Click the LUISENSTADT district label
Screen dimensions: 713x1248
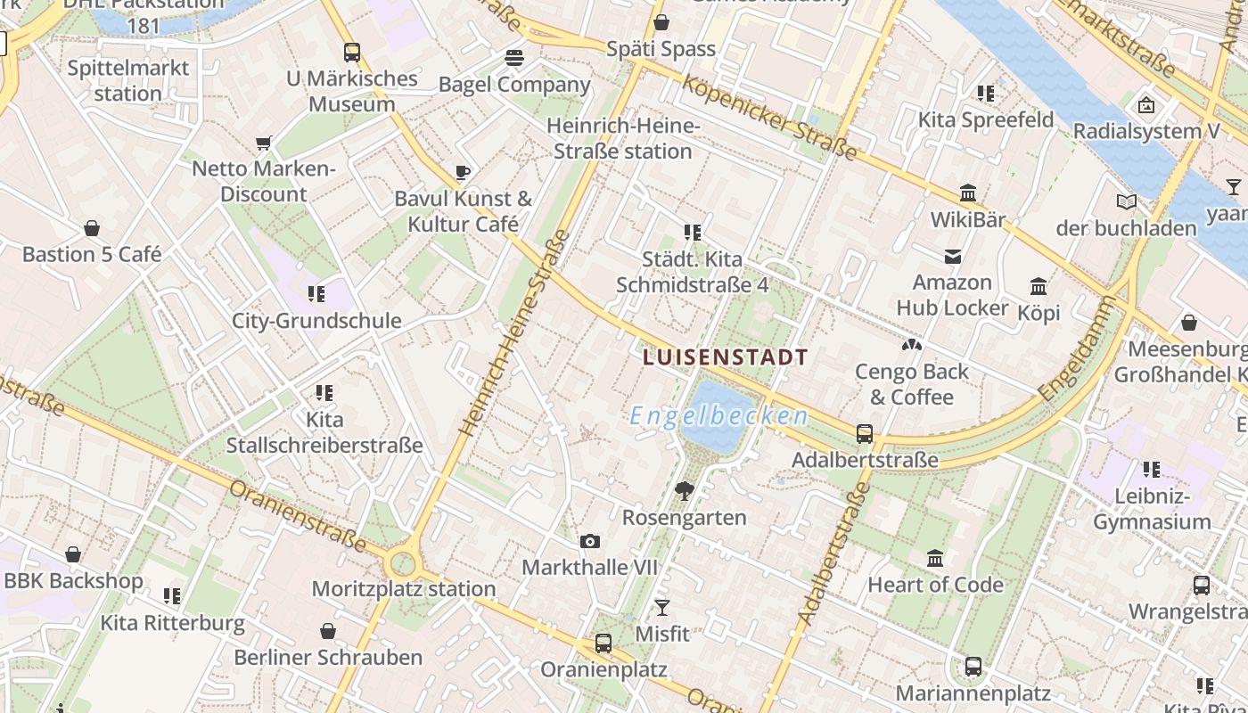tap(725, 357)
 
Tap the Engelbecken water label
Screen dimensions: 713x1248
tap(718, 415)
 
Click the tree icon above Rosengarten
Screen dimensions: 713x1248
tap(684, 490)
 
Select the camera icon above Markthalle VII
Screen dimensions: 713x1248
tap(589, 541)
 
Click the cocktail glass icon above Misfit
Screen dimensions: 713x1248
tap(661, 608)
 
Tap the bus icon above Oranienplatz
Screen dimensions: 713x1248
tap(603, 643)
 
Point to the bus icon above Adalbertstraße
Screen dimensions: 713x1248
tap(864, 434)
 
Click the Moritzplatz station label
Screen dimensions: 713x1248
tap(403, 588)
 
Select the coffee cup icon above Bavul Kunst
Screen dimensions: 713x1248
tap(462, 172)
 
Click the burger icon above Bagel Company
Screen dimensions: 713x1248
tap(513, 59)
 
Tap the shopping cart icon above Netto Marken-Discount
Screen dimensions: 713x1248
tap(263, 143)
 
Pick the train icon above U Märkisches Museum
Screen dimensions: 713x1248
tap(352, 53)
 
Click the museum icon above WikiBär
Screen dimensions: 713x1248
tap(967, 193)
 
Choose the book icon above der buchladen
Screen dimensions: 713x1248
tap(1127, 202)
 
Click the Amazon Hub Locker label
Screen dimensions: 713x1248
tap(952, 295)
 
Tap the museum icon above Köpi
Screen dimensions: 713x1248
tap(1039, 287)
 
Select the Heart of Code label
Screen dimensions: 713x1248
tap(935, 585)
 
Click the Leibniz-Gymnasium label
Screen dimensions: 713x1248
tap(1152, 509)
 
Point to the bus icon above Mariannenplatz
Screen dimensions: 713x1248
tap(973, 667)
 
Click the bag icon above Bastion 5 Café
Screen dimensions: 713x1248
tap(91, 229)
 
